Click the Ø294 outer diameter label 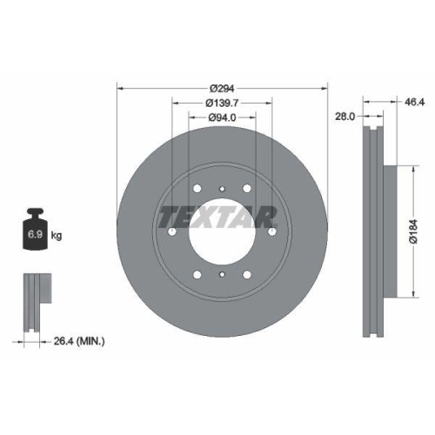(223, 88)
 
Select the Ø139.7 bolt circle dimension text (223, 104)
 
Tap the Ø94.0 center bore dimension (223, 119)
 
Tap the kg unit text (57, 236)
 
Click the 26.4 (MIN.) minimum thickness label (78, 342)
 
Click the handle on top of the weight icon (35, 212)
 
